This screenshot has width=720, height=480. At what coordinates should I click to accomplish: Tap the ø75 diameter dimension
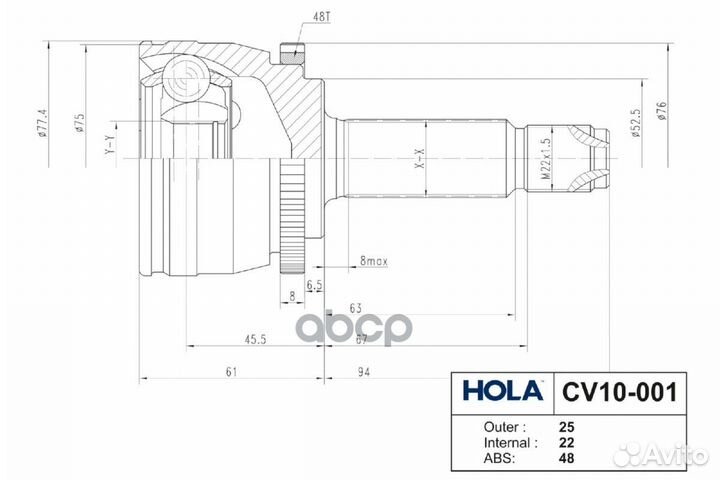point(77,125)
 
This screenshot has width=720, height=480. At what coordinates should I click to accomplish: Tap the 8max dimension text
point(375,261)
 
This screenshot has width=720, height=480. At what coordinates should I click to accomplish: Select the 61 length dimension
point(231,372)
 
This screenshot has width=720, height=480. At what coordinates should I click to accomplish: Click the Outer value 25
point(566,425)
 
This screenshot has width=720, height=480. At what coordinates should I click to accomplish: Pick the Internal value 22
point(566,442)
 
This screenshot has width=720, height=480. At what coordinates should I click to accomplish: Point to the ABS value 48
point(566,459)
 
